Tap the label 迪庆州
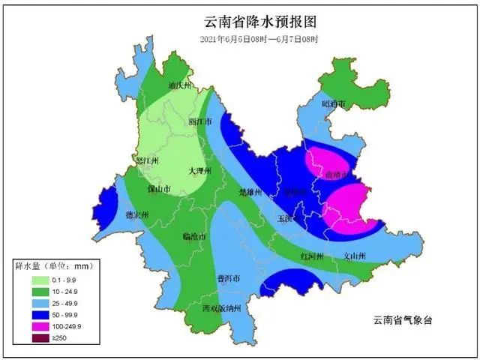point(181,85)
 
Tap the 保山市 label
point(159,188)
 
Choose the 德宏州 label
point(136,215)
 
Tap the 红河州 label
point(312,256)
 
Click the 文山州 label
point(354,256)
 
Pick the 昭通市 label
point(332,103)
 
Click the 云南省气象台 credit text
point(403,320)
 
